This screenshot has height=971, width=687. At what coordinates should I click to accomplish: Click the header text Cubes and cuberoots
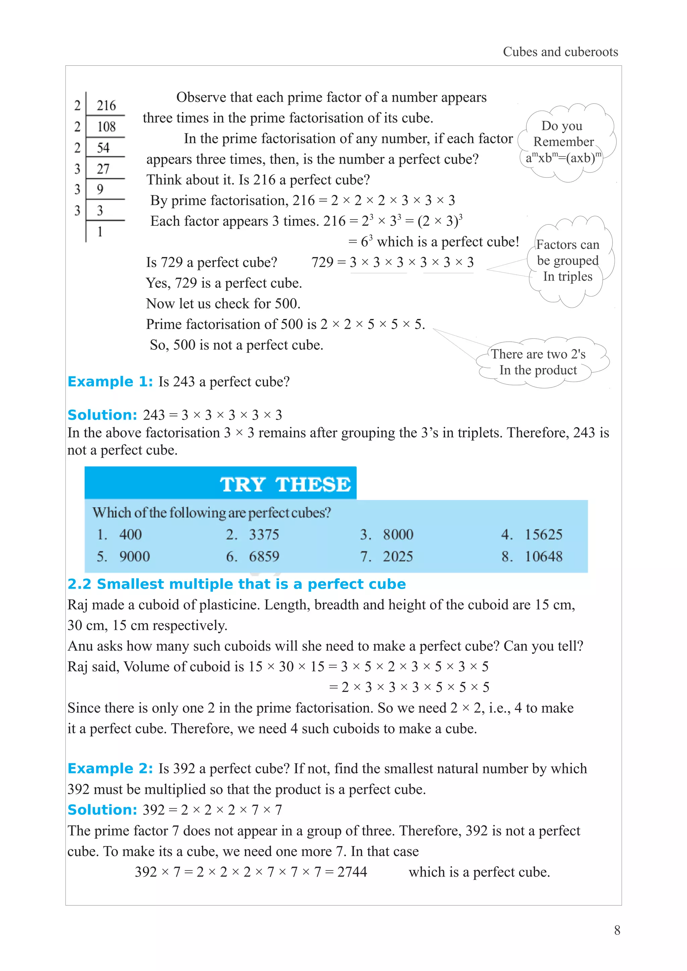[560, 52]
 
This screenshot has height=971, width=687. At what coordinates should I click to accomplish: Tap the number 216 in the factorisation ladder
[106, 105]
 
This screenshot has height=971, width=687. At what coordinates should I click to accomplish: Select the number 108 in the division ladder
[106, 126]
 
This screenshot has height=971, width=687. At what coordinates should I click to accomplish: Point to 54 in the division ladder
[103, 148]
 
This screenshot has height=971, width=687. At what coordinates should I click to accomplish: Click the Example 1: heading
[110, 381]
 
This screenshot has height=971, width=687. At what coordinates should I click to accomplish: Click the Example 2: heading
[110, 768]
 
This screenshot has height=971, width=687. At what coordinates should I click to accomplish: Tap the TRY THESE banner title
[285, 484]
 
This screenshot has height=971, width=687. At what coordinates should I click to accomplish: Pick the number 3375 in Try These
[264, 534]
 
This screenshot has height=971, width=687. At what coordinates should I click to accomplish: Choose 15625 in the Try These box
[543, 534]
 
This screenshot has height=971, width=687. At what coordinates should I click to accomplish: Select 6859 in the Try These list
[264, 556]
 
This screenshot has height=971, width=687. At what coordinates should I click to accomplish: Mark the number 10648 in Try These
[543, 556]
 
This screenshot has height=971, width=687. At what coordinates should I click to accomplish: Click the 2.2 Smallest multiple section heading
[236, 584]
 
